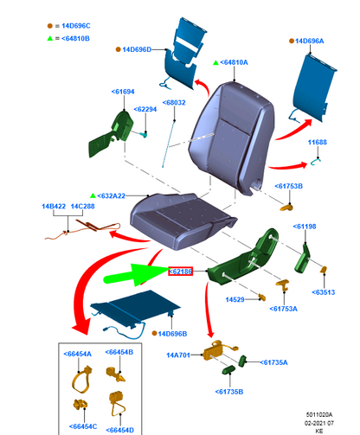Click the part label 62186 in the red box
pyautogui.click(x=180, y=272)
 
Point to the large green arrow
pyautogui.click(x=137, y=275)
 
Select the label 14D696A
pyautogui.click(x=309, y=41)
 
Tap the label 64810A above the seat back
pyautogui.click(x=234, y=62)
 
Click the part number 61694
pyautogui.click(x=123, y=92)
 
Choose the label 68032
pyautogui.click(x=174, y=103)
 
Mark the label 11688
pyautogui.click(x=318, y=142)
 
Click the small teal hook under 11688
pyautogui.click(x=315, y=162)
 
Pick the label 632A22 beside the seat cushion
pyautogui.click(x=112, y=196)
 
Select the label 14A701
pyautogui.click(x=178, y=355)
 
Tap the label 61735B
pyautogui.click(x=229, y=392)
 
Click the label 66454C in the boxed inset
pyautogui.click(x=83, y=426)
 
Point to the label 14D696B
pyautogui.click(x=172, y=334)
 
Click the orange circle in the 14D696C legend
pyautogui.click(x=50, y=26)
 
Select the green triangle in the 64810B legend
pyautogui.click(x=50, y=38)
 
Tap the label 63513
pyautogui.click(x=324, y=292)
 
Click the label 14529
pyautogui.click(x=235, y=300)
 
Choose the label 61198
pyautogui.click(x=305, y=227)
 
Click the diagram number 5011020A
pyautogui.click(x=319, y=415)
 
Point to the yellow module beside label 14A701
pyautogui.click(x=214, y=351)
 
